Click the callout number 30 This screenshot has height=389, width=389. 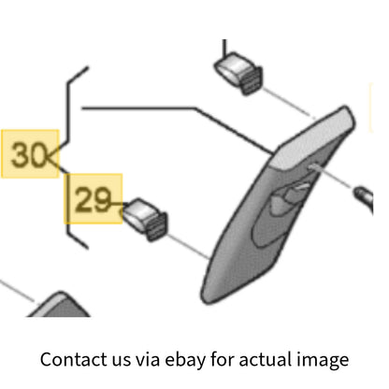[29, 154]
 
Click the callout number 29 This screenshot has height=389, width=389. [93, 199]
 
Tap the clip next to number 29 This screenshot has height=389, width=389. [145, 219]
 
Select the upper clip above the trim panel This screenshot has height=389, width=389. [238, 73]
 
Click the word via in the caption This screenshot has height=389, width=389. [148, 359]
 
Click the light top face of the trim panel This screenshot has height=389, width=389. [311, 137]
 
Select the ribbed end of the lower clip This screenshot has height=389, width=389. [156, 226]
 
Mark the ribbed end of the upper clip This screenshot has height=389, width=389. [252, 79]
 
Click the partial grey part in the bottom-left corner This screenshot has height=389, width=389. [60, 306]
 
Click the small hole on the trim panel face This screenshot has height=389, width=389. [311, 167]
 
